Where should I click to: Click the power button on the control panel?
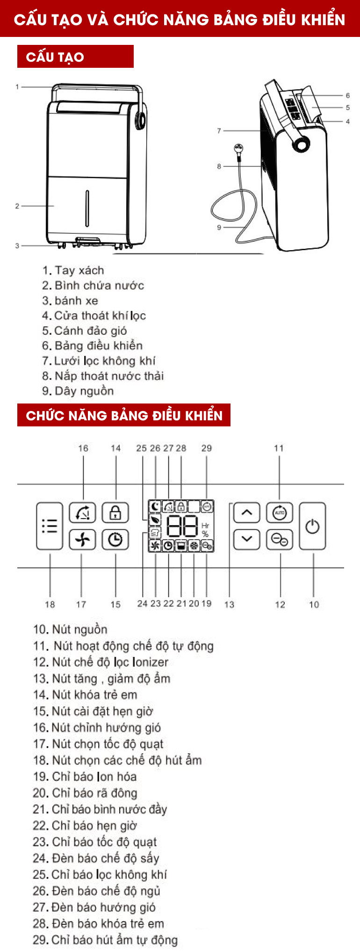[312, 526]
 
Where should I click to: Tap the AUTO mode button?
[279, 513]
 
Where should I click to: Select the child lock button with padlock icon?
[115, 513]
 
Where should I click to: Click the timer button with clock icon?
[115, 540]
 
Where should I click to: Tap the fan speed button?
[82, 540]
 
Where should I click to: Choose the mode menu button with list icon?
[50, 526]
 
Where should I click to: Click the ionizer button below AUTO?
[279, 540]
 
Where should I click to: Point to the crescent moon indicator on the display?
[155, 506]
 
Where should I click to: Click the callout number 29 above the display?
[206, 448]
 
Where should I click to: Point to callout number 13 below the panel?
[229, 604]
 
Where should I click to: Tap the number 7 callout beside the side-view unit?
[219, 131]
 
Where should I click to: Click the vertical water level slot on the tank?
[87, 208]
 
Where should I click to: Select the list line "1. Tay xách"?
[73, 270]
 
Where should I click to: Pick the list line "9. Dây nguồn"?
[78, 391]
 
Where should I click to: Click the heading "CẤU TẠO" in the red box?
[55, 57]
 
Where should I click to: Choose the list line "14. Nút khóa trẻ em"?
[85, 695]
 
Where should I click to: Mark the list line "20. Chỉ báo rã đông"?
[85, 793]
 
